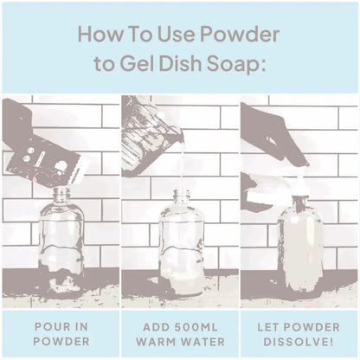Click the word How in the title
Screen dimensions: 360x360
pyautogui.click(x=98, y=35)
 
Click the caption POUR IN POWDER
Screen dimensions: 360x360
pyautogui.click(x=60, y=334)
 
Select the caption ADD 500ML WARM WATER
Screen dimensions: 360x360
pyautogui.click(x=180, y=334)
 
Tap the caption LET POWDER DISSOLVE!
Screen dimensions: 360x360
pyautogui.click(x=299, y=334)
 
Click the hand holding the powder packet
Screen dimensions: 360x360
pyautogui.click(x=17, y=121)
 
